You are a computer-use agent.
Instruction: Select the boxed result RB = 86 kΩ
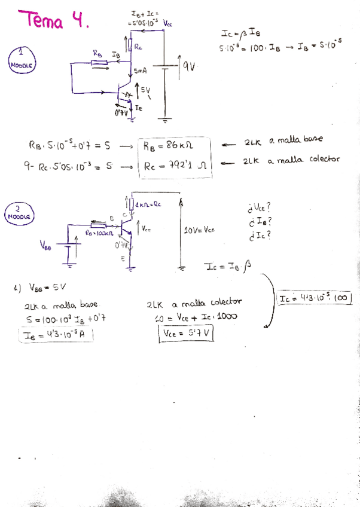coord(173,144)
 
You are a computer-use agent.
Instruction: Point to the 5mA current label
coord(141,71)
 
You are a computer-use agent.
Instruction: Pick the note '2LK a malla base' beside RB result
coord(283,141)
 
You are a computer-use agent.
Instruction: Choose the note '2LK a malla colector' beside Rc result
coord(291,160)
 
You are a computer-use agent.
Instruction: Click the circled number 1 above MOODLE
coord(21,52)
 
